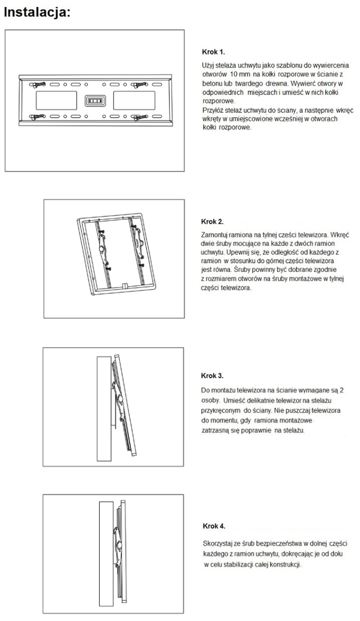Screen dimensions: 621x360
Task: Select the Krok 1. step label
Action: click(213, 52)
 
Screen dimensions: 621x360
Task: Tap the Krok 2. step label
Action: click(213, 222)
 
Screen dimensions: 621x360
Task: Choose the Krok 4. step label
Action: click(213, 526)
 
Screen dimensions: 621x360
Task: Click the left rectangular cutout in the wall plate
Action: click(56, 101)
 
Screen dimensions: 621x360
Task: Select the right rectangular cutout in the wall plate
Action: click(133, 101)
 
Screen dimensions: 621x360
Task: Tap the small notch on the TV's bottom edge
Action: click(125, 285)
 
